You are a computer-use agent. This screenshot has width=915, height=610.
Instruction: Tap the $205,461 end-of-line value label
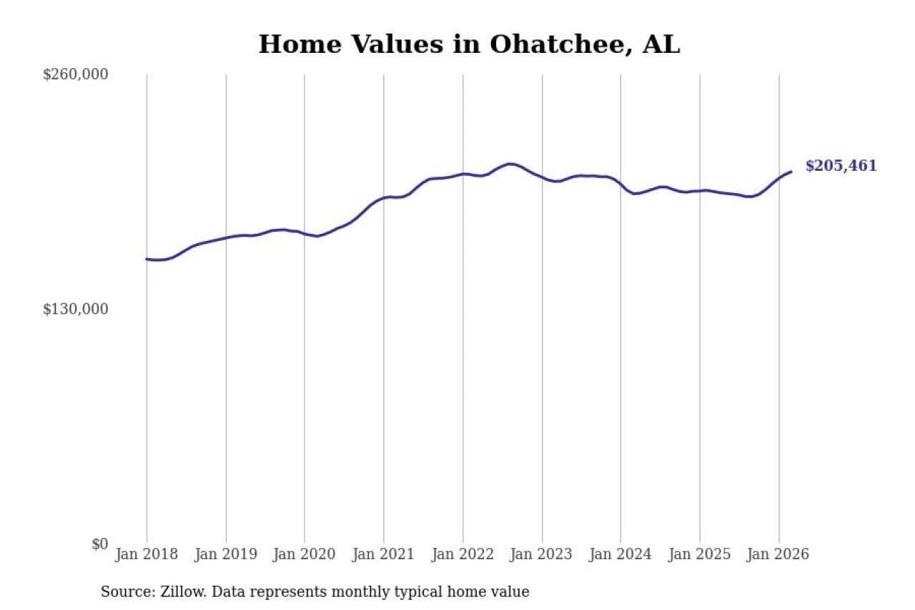pos(841,166)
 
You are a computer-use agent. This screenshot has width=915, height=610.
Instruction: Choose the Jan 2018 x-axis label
pos(147,555)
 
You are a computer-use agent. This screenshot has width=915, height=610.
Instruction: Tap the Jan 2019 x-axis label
pos(226,555)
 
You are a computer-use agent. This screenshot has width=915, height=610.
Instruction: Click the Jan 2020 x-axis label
pos(305,555)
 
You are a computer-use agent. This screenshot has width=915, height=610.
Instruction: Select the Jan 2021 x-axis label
pos(384,555)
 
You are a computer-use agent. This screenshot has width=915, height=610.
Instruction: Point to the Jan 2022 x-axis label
pos(463,555)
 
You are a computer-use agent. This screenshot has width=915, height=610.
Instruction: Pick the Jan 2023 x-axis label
pos(542,555)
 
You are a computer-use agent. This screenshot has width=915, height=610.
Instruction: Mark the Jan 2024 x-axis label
pos(620,555)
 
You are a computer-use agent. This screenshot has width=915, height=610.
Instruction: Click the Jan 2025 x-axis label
pos(700,555)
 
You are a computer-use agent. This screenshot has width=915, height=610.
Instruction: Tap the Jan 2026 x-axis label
pos(778,555)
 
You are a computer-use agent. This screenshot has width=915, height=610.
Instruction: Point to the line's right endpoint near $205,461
pos(791,172)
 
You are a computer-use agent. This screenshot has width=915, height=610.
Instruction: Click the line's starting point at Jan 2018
pos(147,259)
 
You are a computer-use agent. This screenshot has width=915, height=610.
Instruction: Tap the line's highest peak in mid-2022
pos(510,164)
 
